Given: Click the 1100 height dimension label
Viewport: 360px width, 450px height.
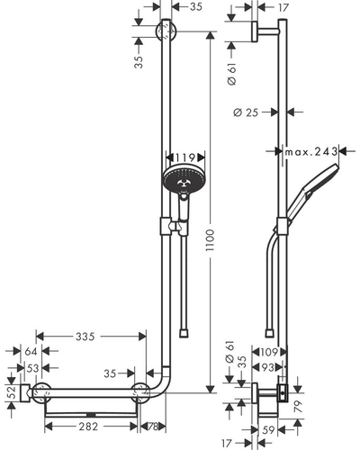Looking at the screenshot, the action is (x=211, y=240).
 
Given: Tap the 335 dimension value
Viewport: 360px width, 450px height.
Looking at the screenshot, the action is (x=85, y=337).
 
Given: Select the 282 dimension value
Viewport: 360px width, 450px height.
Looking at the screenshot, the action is (x=88, y=427).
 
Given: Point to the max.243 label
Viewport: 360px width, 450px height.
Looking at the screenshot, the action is (x=310, y=152).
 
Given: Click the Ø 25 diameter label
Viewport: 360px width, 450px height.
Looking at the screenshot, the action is (x=246, y=112).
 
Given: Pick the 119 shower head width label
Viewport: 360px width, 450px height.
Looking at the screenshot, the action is (x=185, y=157).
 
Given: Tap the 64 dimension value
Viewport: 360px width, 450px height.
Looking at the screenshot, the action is (x=31, y=351).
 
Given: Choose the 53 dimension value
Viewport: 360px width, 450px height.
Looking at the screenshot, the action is (x=32, y=368).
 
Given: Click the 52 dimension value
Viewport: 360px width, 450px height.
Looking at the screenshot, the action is (x=11, y=393).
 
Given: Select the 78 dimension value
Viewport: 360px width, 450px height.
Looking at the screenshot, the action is (x=153, y=427).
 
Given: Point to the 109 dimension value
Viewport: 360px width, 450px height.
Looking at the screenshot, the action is (x=269, y=352).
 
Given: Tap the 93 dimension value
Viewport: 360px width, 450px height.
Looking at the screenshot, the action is (x=268, y=367).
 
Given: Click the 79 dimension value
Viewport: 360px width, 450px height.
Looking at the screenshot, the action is (x=298, y=407).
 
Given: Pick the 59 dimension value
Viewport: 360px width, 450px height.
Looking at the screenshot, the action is (x=268, y=430).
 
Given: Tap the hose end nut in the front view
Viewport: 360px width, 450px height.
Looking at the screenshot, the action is (x=184, y=334).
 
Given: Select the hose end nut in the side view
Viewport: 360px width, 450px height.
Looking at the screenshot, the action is (x=270, y=334).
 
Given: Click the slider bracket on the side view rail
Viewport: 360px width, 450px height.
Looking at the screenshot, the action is (x=283, y=226).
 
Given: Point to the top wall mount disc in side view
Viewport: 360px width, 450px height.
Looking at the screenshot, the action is (x=255, y=31).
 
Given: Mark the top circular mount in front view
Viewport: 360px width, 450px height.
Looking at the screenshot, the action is (x=166, y=31).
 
